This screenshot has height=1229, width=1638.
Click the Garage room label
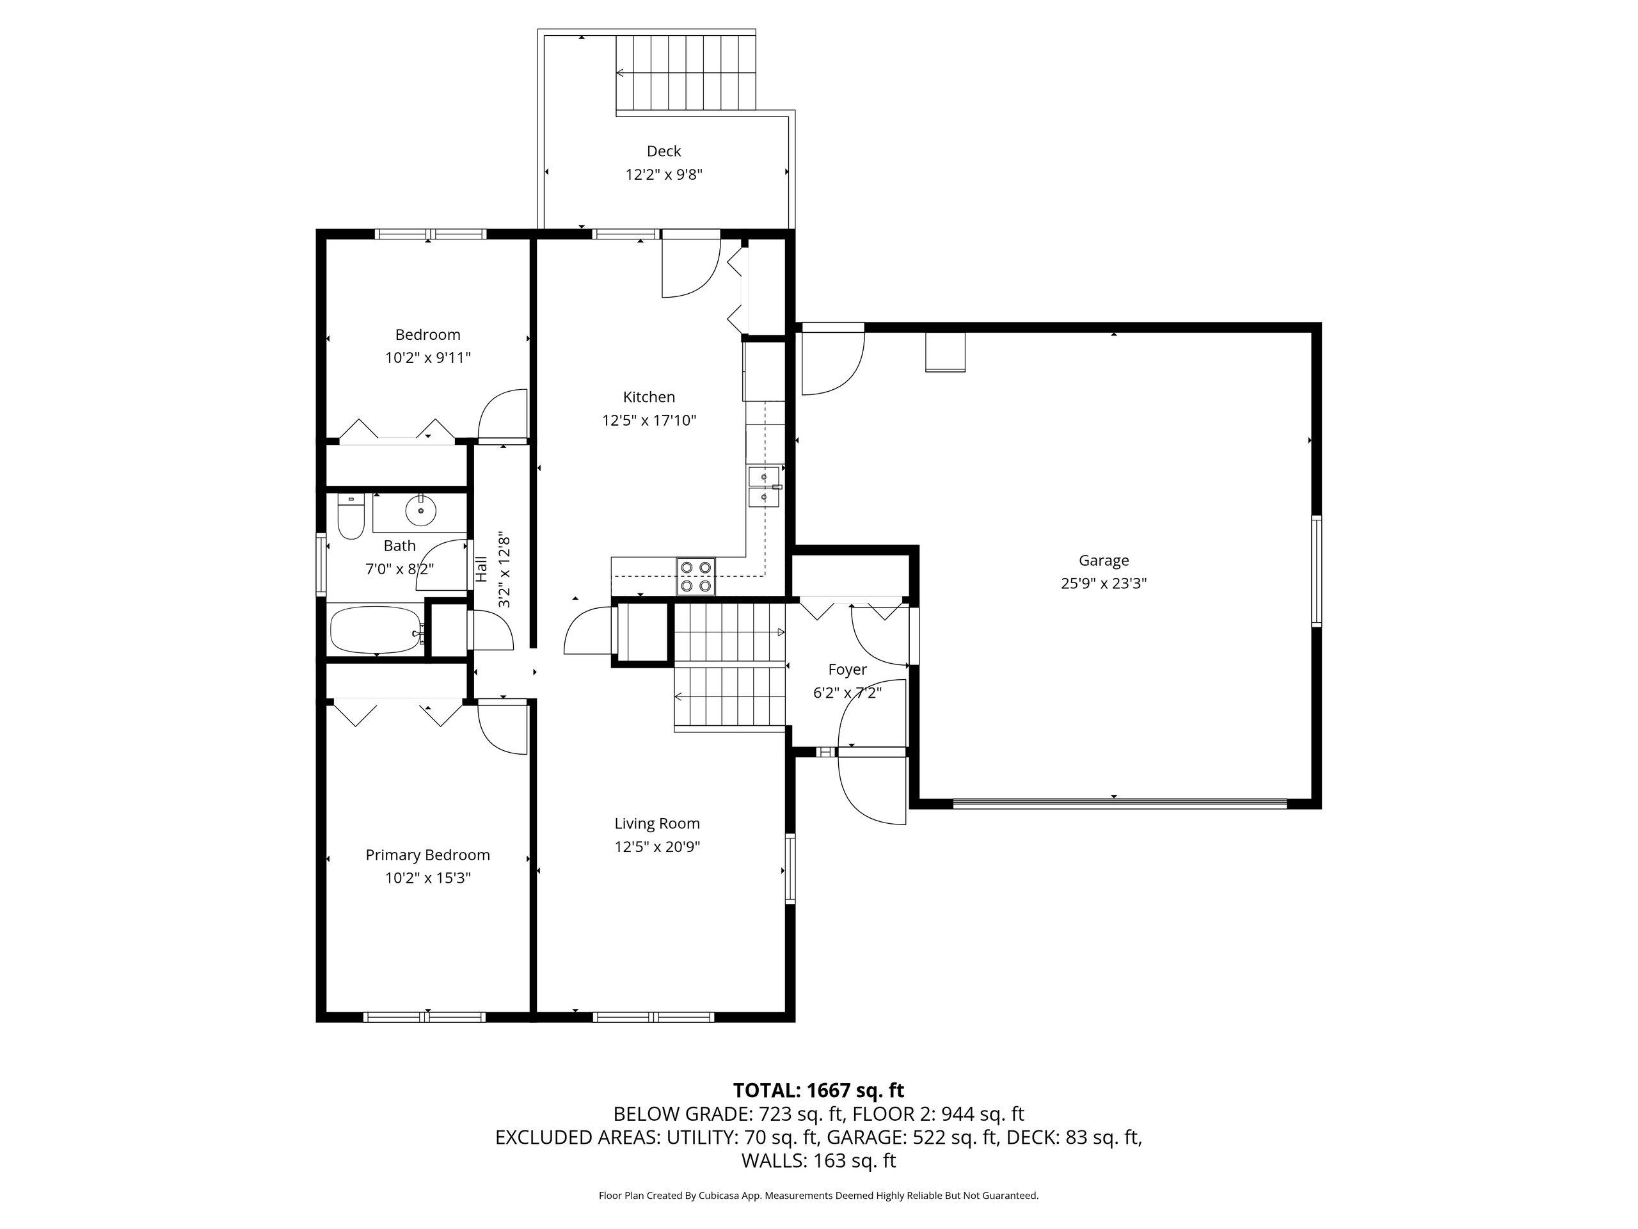tap(1103, 561)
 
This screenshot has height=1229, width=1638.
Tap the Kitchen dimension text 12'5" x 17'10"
tap(649, 421)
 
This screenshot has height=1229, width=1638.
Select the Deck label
tap(664, 151)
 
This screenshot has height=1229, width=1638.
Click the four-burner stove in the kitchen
tap(696, 576)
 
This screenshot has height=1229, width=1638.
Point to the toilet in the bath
tap(350, 517)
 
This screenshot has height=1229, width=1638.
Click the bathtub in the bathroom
tap(378, 631)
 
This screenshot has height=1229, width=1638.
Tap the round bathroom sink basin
tap(420, 510)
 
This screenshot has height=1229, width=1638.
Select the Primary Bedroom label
tap(428, 855)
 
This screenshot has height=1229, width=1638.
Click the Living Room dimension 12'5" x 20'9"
tap(658, 847)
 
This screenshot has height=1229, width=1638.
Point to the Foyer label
tap(847, 670)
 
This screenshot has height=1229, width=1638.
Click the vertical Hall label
tap(481, 569)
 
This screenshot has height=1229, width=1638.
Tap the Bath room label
tap(399, 546)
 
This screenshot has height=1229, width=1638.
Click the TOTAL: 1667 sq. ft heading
tap(818, 1091)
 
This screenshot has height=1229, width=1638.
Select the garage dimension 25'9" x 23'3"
tap(1103, 584)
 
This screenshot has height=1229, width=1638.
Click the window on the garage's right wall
tap(1316, 571)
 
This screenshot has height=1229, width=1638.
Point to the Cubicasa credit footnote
tap(818, 1195)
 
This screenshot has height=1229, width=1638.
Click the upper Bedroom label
tap(427, 335)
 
